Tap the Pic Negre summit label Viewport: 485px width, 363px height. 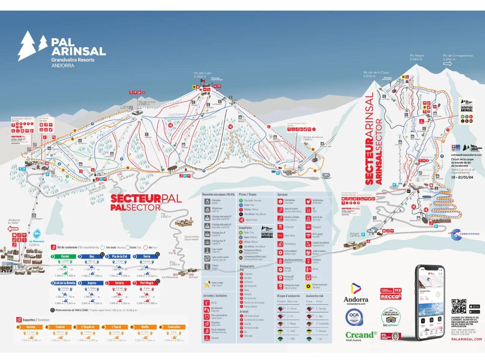coord(416,57)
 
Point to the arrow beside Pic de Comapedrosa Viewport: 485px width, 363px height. coord(447,64)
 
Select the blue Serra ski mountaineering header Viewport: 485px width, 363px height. coord(147,256)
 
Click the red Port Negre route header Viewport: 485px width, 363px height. coord(147,283)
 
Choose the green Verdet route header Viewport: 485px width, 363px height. coord(65,256)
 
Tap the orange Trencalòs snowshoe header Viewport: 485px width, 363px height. coord(174,327)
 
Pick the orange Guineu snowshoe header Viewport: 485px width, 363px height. coord(31,327)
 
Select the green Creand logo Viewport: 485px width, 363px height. coord(361,335)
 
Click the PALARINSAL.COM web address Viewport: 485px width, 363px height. coord(466,339)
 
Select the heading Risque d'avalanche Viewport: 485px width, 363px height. coord(288,296)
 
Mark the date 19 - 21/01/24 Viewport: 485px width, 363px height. coord(462,177)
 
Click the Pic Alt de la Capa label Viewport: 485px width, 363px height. coord(376,74)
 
